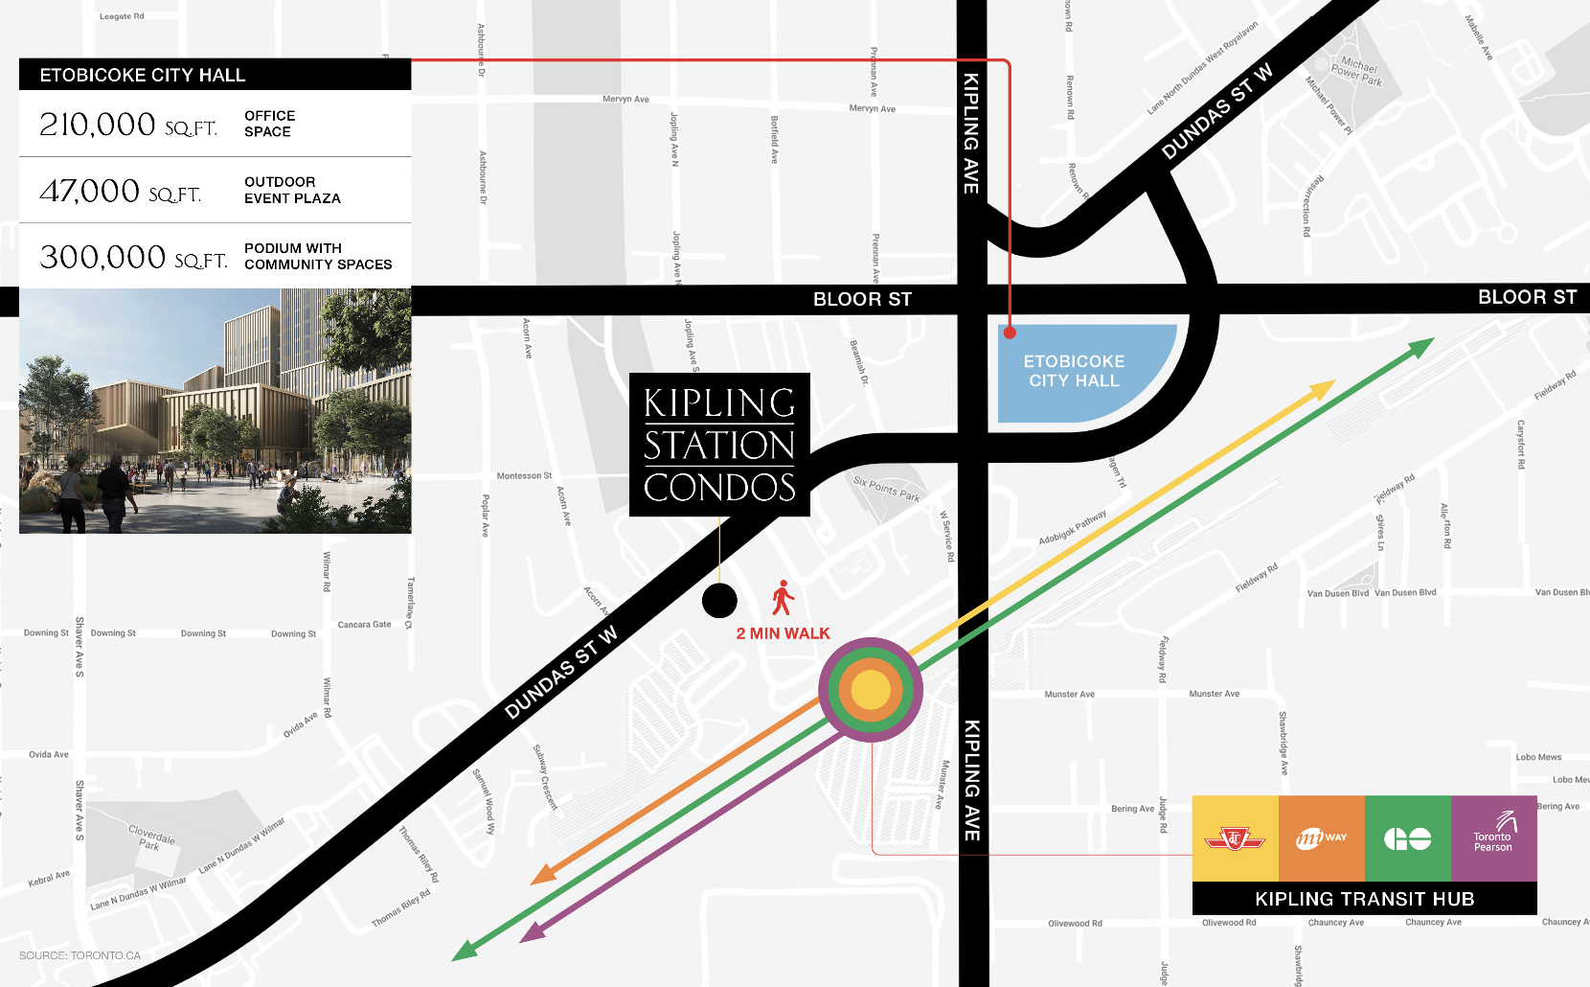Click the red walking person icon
point(784,598)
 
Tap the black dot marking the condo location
point(719,601)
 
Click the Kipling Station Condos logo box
point(719,445)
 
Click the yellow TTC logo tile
point(1236,838)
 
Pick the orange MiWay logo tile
point(1322,838)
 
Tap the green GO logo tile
point(1408,838)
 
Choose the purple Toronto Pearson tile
point(1494,838)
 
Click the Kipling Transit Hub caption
point(1364,899)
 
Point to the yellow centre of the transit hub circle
point(871,690)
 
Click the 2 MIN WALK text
point(784,633)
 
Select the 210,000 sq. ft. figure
point(127,125)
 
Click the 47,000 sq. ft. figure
point(120,192)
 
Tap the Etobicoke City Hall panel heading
point(143,75)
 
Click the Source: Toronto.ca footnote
point(79,955)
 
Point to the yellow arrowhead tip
point(1332,382)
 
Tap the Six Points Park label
point(886,490)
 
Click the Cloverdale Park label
point(151,838)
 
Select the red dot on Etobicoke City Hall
point(1010,333)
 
